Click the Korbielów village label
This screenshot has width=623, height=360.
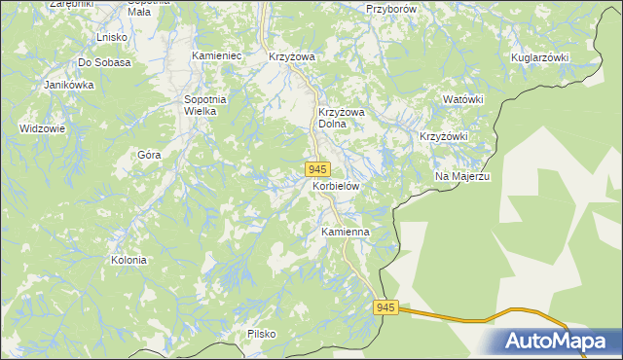(337, 185)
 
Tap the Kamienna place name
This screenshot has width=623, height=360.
(345, 233)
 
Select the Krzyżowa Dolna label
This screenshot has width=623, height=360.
(341, 118)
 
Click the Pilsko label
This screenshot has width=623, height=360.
(261, 334)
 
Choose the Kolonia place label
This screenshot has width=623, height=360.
(128, 260)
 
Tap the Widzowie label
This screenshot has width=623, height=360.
(42, 128)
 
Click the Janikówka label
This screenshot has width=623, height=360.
(68, 85)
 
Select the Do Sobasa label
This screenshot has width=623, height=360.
(104, 61)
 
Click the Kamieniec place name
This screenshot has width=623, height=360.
(216, 56)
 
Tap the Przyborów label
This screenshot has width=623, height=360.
(390, 8)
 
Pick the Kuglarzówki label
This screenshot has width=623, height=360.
(539, 57)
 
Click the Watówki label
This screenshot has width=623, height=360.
(462, 99)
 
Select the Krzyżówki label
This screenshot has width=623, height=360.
(444, 136)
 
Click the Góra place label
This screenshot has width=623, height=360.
(149, 154)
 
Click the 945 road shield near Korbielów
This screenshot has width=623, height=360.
(317, 169)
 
